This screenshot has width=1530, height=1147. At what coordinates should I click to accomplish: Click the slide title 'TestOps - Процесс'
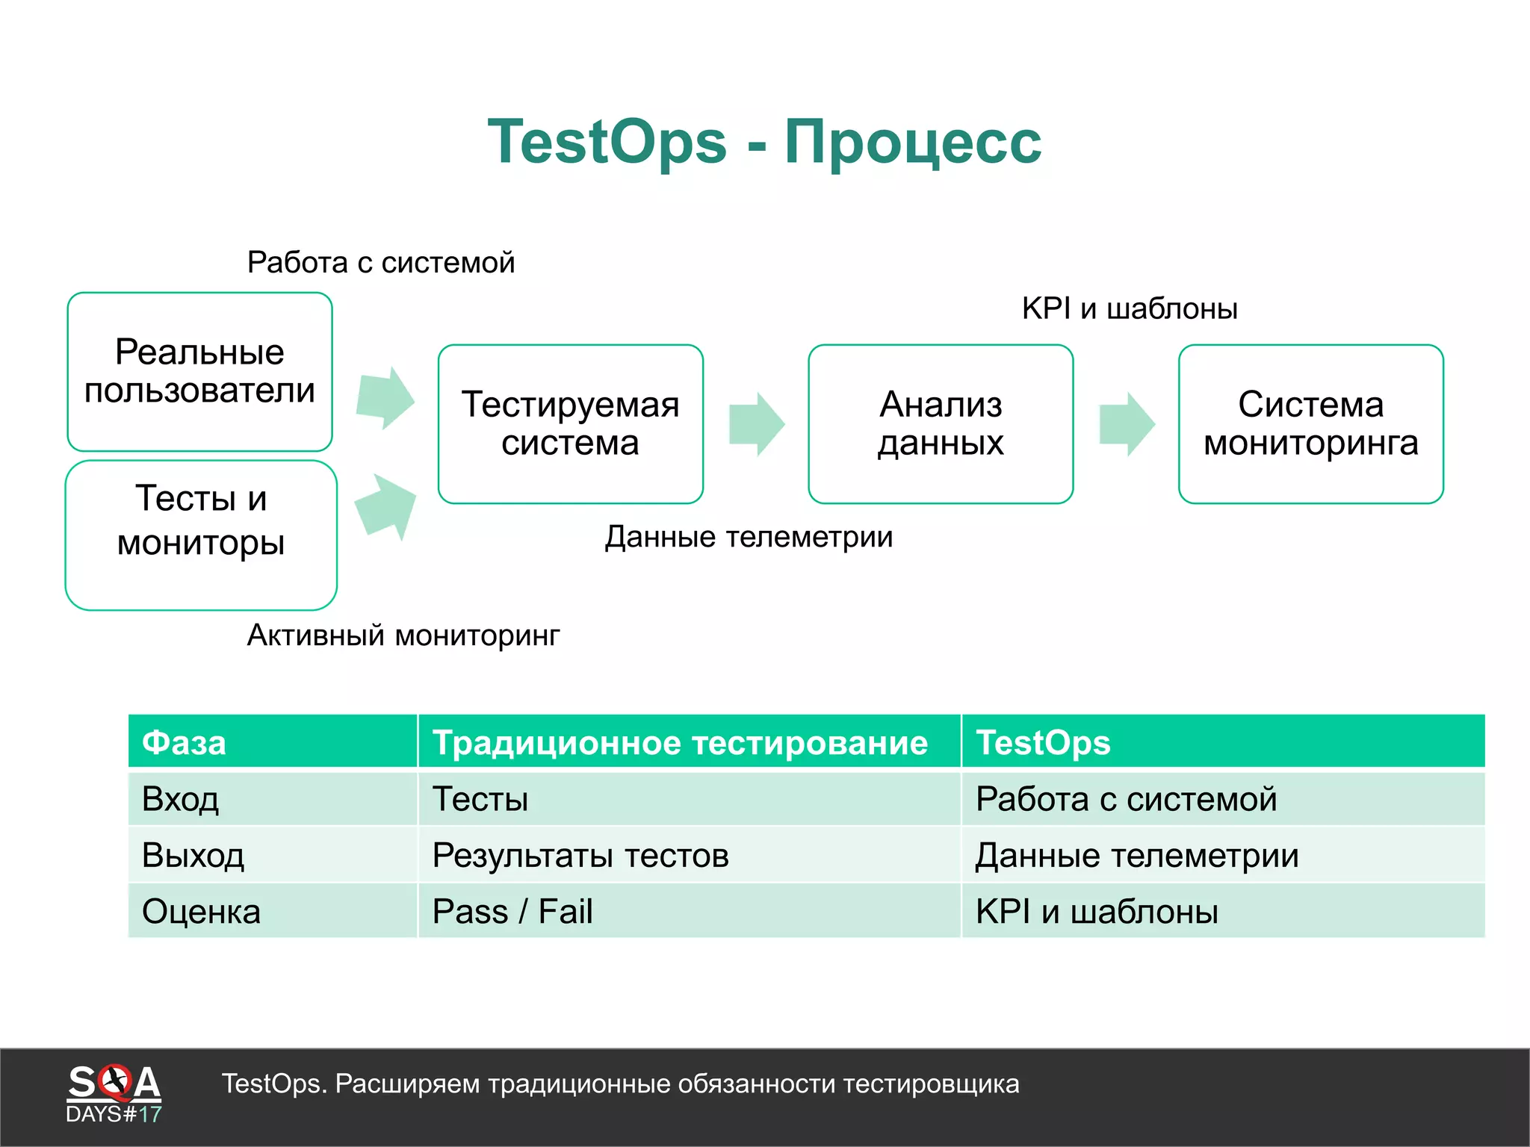click(764, 142)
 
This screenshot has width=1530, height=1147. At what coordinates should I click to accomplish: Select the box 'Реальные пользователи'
click(199, 371)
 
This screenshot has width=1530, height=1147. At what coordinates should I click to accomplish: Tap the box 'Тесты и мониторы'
click(201, 535)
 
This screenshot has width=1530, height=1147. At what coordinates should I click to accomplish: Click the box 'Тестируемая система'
click(570, 423)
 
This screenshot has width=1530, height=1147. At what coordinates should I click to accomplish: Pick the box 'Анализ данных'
click(941, 423)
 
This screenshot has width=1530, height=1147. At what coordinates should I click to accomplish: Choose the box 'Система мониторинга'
click(1310, 423)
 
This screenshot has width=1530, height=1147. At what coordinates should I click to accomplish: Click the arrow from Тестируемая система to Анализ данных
click(756, 423)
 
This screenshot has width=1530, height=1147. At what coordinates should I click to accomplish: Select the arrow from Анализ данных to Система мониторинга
click(1127, 423)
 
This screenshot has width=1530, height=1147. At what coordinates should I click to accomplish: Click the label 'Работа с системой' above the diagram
click(381, 263)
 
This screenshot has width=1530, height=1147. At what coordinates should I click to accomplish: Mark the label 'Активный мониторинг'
click(403, 635)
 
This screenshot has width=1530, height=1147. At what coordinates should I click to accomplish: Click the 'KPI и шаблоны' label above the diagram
click(1130, 308)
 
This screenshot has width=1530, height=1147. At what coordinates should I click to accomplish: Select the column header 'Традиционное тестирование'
click(680, 743)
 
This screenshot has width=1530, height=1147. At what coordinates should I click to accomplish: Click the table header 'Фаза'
click(184, 743)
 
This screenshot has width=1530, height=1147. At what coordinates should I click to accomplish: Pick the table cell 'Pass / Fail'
click(512, 912)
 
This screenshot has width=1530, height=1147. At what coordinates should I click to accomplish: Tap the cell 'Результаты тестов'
click(580, 856)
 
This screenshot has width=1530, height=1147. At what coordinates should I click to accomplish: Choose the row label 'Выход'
click(193, 856)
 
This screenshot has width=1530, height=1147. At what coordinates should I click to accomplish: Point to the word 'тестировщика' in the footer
click(931, 1084)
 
